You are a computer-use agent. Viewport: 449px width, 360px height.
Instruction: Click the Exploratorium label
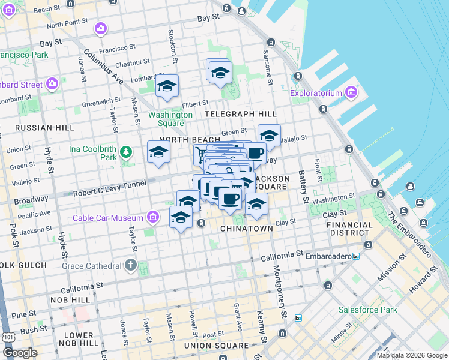pyautogui.click(x=315, y=93)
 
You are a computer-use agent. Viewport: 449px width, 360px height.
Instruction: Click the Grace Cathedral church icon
pyautogui.click(x=131, y=265)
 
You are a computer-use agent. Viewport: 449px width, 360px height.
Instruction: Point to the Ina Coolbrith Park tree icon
pyautogui.click(x=126, y=151)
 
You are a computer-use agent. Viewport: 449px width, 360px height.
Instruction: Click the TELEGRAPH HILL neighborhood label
pyautogui.click(x=240, y=114)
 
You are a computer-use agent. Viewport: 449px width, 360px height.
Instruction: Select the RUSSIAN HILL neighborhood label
pyautogui.click(x=44, y=128)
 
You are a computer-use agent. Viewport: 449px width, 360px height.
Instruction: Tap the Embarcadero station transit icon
pyautogui.click(x=356, y=256)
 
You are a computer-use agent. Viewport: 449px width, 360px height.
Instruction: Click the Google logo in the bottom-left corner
pyautogui.click(x=20, y=352)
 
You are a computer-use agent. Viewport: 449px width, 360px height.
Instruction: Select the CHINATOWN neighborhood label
pyautogui.click(x=247, y=229)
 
